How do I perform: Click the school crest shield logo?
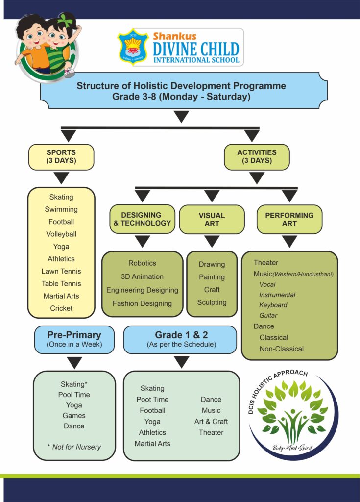coord(133,47)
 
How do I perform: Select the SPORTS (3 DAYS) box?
coord(61,157)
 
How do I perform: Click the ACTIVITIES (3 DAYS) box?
coord(257,157)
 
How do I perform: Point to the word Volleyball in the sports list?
coord(61,234)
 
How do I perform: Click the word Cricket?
coord(61,308)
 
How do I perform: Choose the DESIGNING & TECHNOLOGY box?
coord(142,219)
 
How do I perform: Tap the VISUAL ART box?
coord(212,219)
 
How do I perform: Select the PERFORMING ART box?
coord(289,219)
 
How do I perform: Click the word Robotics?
coord(142,263)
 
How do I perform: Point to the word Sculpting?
coord(212,302)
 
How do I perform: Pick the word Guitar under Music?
coord(268,316)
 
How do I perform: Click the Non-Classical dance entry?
coord(282,349)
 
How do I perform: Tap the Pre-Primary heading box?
coord(74,339)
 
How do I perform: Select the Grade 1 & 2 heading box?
coord(181,339)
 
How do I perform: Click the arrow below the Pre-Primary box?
coord(74,363)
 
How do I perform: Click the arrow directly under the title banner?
coord(182,117)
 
